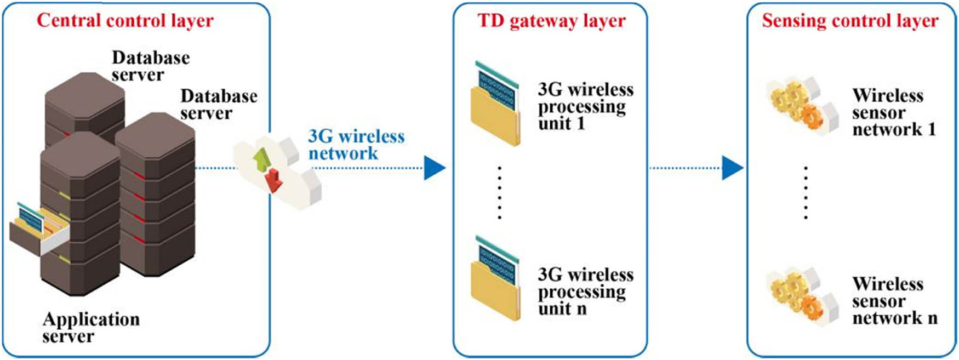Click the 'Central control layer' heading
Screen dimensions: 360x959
125,21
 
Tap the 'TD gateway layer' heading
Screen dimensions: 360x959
551,21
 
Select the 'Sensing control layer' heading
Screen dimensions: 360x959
850,21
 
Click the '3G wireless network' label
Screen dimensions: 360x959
356,145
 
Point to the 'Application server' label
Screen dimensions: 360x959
91,327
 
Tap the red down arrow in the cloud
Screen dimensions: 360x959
273,180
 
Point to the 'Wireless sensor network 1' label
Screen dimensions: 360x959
893,112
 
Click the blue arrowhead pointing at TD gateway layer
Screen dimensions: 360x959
434,168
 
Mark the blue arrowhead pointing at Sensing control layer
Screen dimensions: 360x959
732,168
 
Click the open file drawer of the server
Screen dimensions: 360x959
38,230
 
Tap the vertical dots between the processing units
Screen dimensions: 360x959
499,193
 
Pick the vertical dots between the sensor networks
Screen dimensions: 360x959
806,193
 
